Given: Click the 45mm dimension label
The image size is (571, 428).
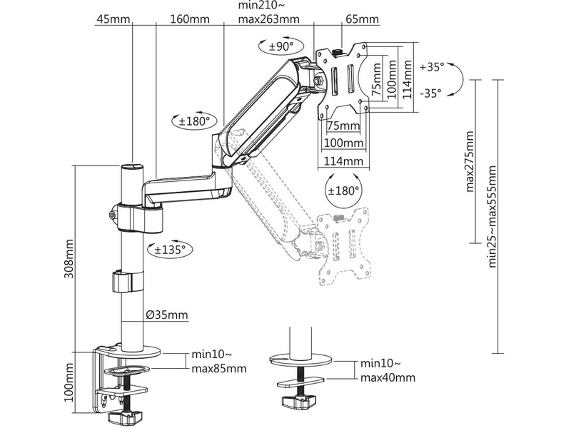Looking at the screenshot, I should click(x=108, y=19).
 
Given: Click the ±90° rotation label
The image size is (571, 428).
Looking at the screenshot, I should click(x=276, y=46).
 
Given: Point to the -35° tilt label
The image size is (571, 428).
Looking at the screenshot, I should click(x=430, y=92).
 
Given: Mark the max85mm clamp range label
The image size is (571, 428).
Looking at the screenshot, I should click(x=219, y=369).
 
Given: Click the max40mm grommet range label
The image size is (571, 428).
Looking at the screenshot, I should click(x=388, y=377).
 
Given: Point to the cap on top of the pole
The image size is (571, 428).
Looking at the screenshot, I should click(x=131, y=168).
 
